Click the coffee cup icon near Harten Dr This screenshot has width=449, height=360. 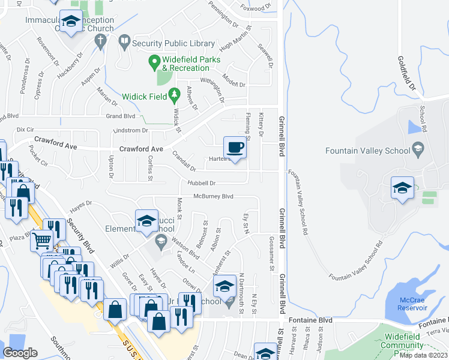235,147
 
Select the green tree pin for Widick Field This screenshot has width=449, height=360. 174,94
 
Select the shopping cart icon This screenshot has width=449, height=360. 41,241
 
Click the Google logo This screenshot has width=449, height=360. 20,353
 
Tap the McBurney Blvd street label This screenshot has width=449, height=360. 213,196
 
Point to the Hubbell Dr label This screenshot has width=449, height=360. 201,182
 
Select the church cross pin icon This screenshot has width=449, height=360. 100,41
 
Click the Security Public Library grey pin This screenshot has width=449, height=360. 124,42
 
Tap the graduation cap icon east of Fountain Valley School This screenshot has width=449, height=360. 402,188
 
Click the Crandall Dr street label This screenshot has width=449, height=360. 184,160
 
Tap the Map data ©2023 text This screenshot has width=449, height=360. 423,355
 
